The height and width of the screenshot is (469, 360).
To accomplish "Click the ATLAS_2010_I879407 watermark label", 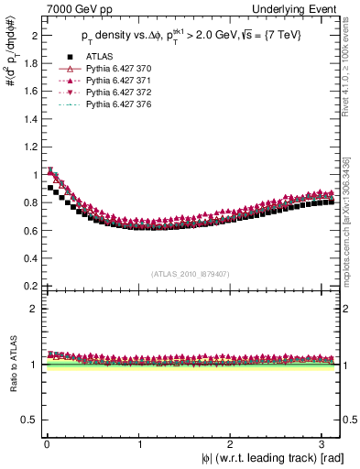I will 189,272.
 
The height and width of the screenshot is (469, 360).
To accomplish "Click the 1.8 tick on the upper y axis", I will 28,63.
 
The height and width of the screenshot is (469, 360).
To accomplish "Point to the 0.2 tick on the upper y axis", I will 28,286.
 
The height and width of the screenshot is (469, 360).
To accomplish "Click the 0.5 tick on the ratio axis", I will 28,420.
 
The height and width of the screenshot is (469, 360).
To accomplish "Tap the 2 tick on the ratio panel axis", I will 32,309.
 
